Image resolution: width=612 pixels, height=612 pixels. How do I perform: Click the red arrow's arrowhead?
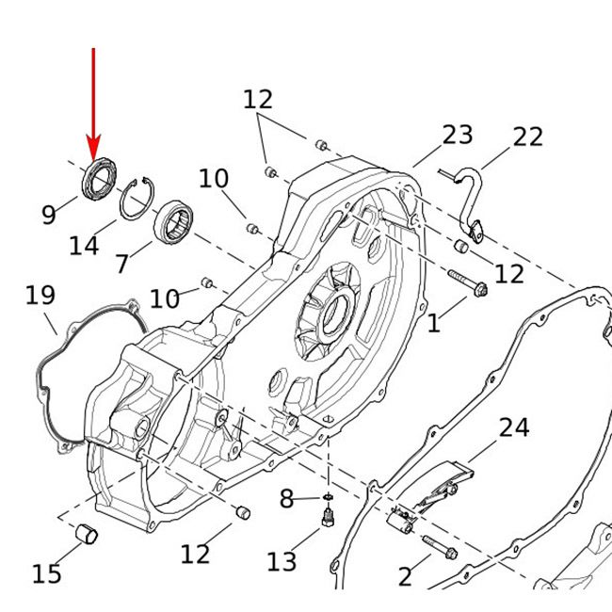93,150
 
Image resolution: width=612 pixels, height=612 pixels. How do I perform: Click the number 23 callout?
457,135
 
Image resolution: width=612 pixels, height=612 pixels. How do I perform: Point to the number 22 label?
527,137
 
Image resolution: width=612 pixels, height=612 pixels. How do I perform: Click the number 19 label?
40,297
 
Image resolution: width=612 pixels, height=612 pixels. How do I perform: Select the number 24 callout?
513,428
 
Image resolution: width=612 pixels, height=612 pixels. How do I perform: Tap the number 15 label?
46,572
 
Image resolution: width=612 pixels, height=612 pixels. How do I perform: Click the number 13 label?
282,562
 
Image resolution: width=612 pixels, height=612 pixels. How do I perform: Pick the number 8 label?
287,500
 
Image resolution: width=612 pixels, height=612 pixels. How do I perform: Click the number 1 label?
433,325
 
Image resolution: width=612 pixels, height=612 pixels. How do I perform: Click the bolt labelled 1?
466,285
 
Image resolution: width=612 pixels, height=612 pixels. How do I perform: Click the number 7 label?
122,265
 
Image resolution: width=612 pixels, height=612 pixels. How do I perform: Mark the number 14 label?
84,247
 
